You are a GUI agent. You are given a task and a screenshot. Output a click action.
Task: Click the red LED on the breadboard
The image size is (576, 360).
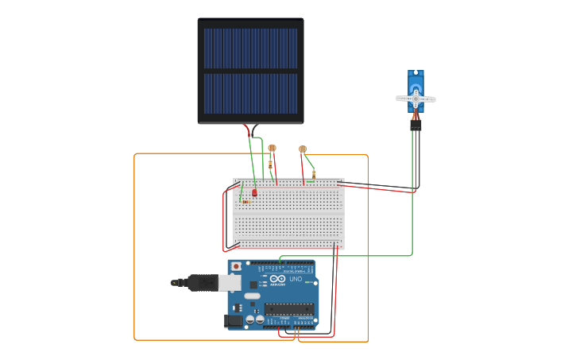point(254,192)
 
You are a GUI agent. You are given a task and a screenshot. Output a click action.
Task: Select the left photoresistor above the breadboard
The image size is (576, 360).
point(272,148)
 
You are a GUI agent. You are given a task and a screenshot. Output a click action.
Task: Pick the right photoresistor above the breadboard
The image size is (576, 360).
point(303,149)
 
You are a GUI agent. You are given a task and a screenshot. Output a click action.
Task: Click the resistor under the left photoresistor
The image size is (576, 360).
point(270,165)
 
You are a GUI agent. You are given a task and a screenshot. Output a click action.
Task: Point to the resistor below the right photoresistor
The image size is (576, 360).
point(313,174)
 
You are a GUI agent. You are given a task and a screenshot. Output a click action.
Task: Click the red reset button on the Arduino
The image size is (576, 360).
point(235,266)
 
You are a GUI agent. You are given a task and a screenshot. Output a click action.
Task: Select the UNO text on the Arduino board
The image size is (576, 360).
point(295,279)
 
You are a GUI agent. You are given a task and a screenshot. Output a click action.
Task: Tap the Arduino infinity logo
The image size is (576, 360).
point(276,279)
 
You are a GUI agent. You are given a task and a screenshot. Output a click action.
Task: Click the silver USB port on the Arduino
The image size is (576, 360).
point(229,282)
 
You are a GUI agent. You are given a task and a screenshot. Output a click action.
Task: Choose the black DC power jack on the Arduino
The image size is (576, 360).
point(233,321)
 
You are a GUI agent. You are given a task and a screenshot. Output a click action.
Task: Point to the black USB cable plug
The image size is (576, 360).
point(199,282)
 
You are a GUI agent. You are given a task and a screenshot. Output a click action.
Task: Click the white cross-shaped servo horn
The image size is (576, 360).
point(416,99)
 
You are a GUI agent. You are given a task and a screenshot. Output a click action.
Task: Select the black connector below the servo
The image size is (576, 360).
point(416,126)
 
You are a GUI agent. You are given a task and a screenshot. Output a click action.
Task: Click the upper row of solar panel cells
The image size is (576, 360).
point(250,48)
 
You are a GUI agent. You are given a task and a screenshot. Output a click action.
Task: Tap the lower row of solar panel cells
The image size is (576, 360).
point(250,94)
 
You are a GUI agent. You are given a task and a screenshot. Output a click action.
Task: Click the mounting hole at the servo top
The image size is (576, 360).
point(416,73)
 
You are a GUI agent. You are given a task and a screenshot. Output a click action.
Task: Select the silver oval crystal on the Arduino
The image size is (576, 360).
point(252,296)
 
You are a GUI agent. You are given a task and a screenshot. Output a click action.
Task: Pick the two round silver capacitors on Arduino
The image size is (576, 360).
point(255,319)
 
